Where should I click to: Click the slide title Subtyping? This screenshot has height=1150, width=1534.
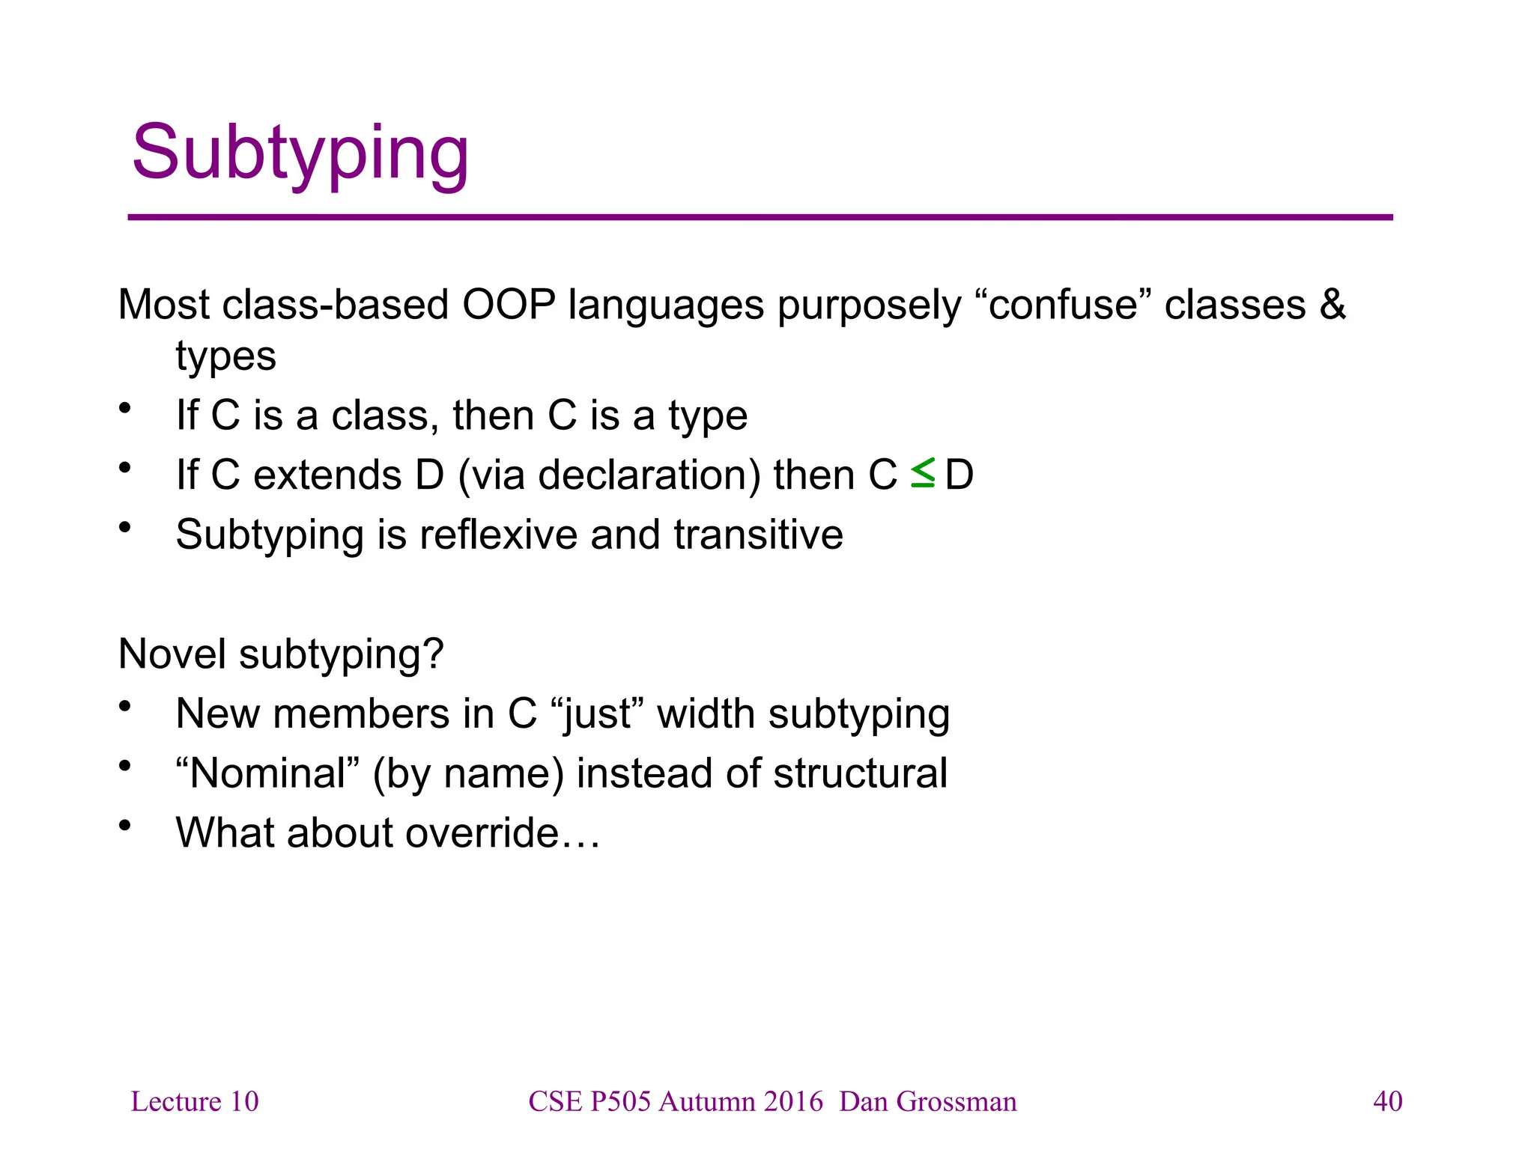point(300,153)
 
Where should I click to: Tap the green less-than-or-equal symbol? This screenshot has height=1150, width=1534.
point(922,473)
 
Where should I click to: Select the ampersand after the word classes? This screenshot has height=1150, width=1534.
point(1333,305)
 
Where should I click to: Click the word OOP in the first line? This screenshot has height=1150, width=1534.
point(509,305)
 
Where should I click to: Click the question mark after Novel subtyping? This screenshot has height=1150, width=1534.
point(434,654)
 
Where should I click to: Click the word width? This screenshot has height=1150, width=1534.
point(706,714)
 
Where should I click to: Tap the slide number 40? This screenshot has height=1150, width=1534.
point(1387,1101)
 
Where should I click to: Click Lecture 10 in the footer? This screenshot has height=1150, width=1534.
point(195,1101)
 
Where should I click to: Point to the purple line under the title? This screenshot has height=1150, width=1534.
point(760,217)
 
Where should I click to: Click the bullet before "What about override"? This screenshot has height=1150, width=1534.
point(124,826)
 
